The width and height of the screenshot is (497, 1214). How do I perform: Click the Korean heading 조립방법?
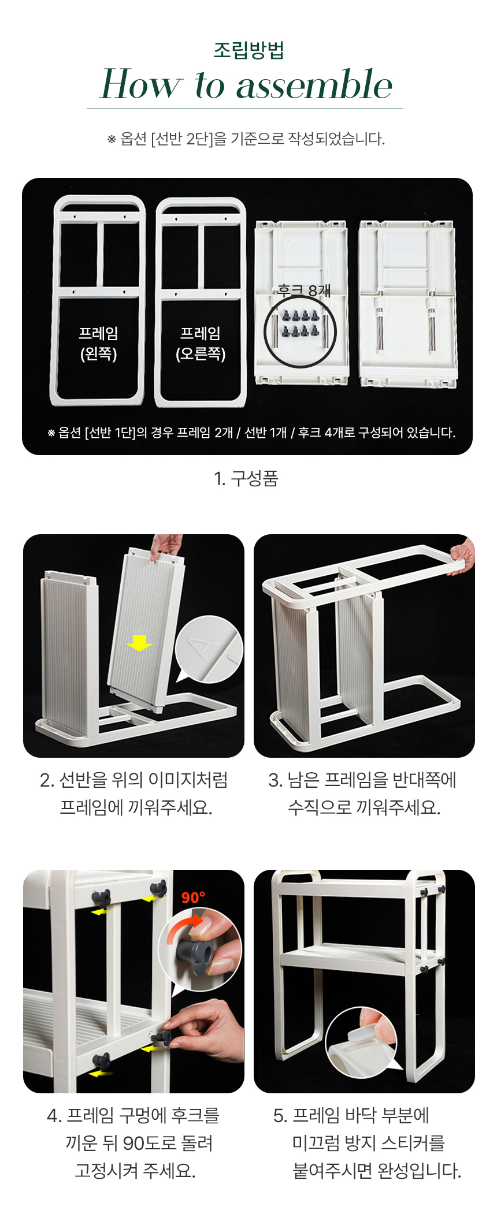(248, 50)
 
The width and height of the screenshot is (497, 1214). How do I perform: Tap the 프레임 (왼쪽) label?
(99, 343)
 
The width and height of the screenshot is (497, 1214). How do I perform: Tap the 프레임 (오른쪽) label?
(201, 343)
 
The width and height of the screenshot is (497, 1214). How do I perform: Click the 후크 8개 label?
(304, 290)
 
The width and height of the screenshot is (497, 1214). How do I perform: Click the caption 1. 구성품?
(246, 478)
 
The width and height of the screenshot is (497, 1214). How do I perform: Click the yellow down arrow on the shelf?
(139, 642)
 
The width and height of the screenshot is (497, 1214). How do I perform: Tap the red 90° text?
(193, 897)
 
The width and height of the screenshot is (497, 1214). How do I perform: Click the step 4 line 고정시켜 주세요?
(135, 1170)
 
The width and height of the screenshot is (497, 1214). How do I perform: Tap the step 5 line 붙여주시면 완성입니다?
(377, 1170)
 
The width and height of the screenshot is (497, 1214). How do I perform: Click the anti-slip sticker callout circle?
(361, 1042)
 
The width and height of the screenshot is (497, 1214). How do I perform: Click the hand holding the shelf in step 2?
(167, 546)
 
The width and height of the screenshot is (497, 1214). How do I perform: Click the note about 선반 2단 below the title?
(246, 139)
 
